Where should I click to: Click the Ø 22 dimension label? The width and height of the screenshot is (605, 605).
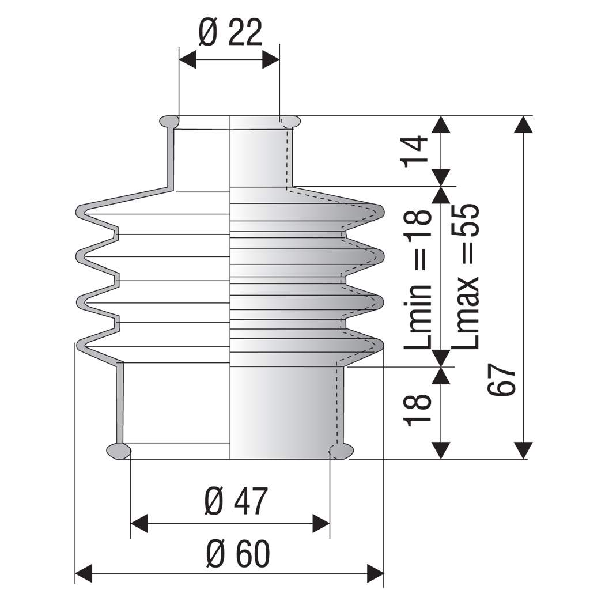(x=230, y=32)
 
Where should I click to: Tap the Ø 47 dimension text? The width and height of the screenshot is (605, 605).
(x=236, y=501)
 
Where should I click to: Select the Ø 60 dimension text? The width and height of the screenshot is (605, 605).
(x=237, y=554)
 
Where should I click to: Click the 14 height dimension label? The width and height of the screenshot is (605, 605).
(x=416, y=151)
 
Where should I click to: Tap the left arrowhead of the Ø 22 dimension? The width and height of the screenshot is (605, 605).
(x=187, y=60)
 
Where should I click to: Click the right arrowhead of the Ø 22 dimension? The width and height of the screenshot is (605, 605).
(x=271, y=60)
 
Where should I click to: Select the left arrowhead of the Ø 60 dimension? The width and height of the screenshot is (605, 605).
(x=84, y=573)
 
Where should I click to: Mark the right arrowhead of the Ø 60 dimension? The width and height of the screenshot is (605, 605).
(x=376, y=573)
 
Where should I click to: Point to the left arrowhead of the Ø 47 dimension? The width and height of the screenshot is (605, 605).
(x=139, y=524)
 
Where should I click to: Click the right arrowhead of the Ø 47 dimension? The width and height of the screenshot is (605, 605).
(x=321, y=524)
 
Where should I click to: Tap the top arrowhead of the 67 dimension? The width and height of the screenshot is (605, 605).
(x=523, y=124)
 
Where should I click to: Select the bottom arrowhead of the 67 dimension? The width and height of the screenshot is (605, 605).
(x=523, y=450)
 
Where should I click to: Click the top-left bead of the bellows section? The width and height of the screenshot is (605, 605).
(x=169, y=122)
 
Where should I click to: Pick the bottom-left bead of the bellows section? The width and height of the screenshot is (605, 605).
(x=119, y=451)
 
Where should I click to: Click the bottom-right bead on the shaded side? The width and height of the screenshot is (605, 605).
(x=342, y=451)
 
